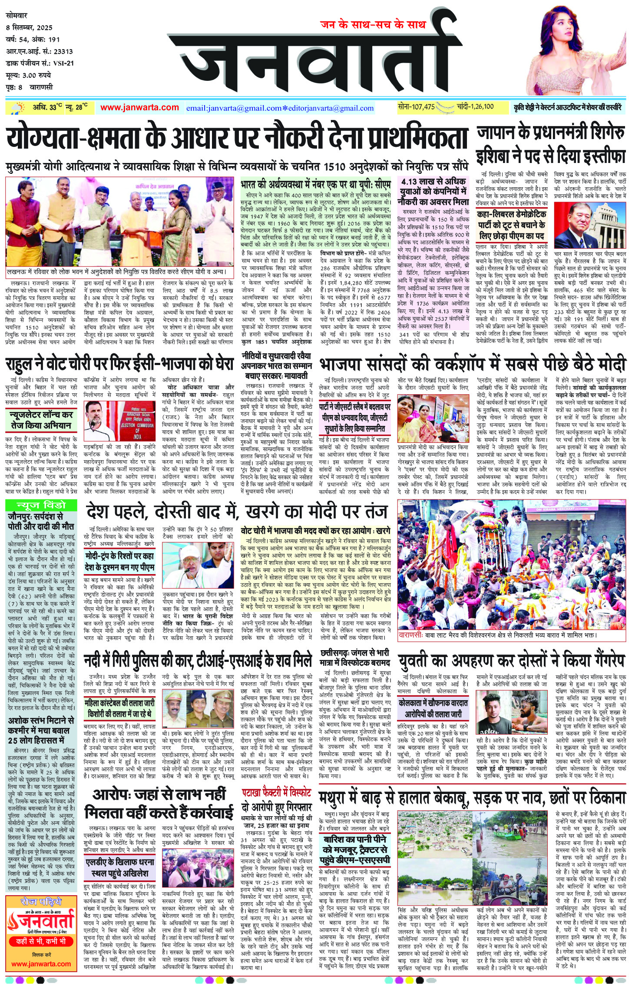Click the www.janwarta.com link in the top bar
139,108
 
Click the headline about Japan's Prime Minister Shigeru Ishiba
551,144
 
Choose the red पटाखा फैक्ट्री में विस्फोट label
277,792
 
